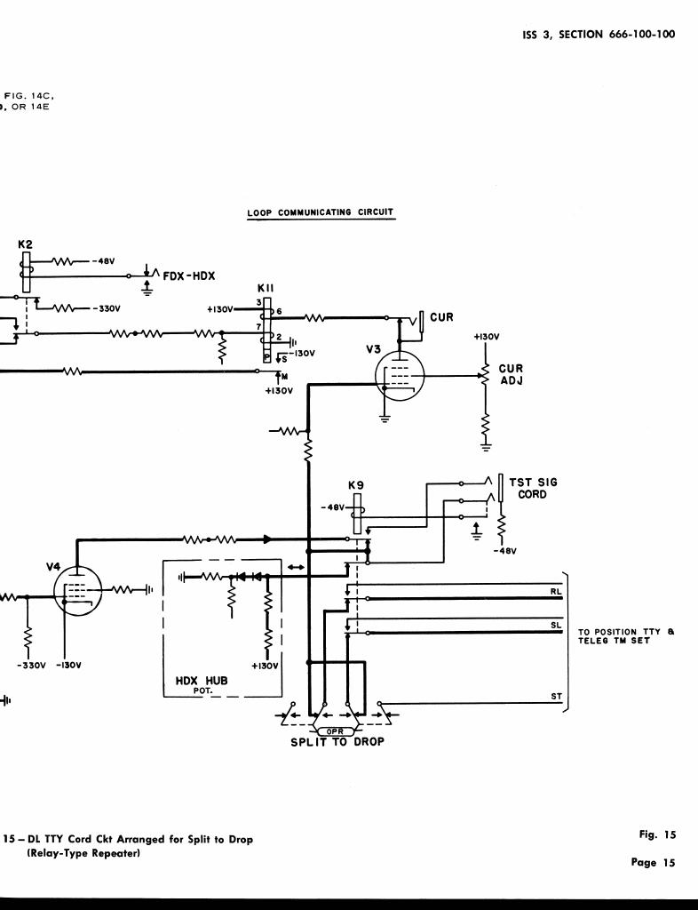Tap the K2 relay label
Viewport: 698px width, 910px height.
click(26, 243)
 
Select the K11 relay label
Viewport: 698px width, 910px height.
click(266, 289)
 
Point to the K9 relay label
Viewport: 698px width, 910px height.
click(356, 486)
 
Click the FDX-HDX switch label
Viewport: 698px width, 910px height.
click(189, 275)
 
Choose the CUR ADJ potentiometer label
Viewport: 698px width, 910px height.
click(511, 375)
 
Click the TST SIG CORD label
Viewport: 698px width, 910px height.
click(533, 488)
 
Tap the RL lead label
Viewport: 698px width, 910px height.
click(556, 591)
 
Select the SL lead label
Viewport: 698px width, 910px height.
click(556, 626)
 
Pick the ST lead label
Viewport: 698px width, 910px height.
click(556, 696)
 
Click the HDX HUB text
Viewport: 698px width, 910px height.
click(202, 681)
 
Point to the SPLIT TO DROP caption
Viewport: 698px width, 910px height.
click(337, 742)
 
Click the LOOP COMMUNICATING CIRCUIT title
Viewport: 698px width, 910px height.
click(321, 212)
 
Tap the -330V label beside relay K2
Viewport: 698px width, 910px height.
click(106, 309)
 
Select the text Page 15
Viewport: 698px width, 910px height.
click(656, 862)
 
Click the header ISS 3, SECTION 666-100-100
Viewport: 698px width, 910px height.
click(598, 35)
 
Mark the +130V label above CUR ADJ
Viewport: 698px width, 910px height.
click(487, 337)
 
